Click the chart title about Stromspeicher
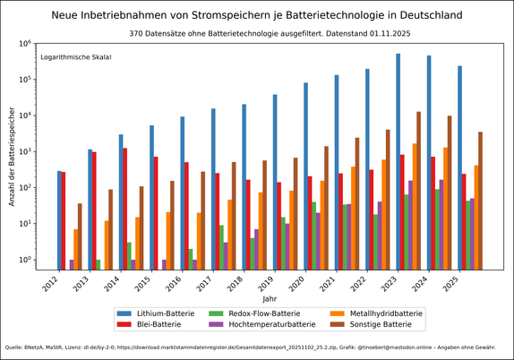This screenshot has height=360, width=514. (x=257, y=15)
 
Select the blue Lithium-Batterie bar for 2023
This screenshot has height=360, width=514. (x=398, y=161)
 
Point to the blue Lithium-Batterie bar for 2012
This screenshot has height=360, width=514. (x=59, y=220)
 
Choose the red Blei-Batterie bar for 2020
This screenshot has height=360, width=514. (x=310, y=223)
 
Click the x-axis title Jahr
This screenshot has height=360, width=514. (x=270, y=297)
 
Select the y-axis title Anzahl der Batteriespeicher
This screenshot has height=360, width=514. (x=13, y=156)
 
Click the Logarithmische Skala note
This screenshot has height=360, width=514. (x=76, y=57)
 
